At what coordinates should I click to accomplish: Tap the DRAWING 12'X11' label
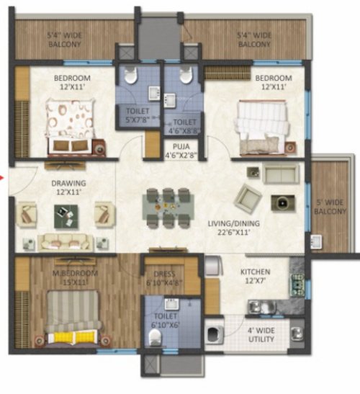pyautogui.click(x=68, y=187)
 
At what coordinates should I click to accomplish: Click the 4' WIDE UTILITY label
pyautogui.click(x=261, y=336)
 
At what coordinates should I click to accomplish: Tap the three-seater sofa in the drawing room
pyautogui.click(x=64, y=241)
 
